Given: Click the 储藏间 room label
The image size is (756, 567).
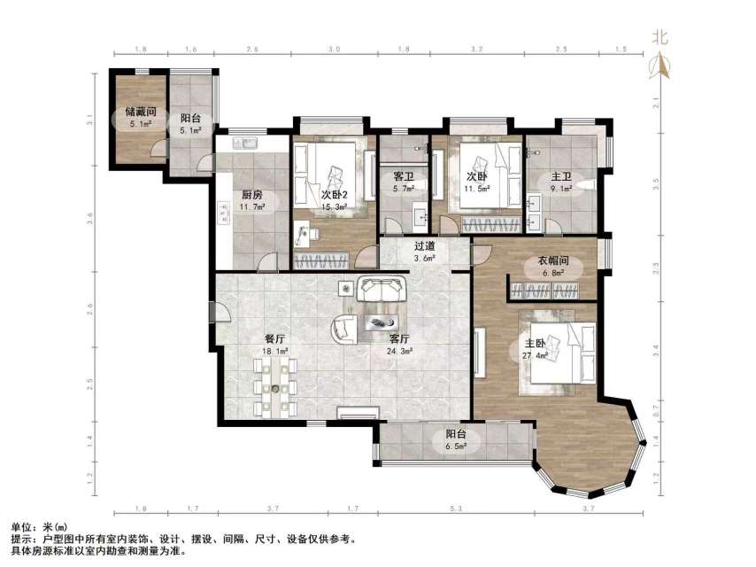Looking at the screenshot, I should (141, 112).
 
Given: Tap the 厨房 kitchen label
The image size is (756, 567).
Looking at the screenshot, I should (251, 195).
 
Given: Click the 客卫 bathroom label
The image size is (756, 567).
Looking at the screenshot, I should (404, 175).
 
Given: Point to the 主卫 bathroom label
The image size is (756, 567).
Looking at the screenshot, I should (551, 175).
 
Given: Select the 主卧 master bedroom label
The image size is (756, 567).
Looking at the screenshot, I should (536, 344).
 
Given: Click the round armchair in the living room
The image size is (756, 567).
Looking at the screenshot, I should (344, 329).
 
